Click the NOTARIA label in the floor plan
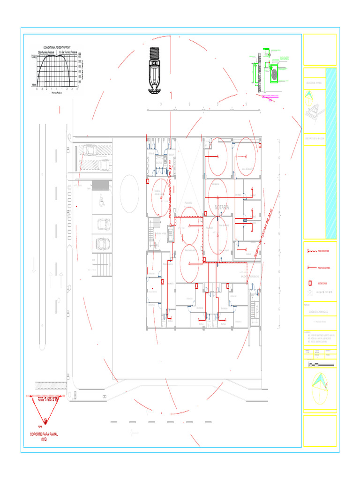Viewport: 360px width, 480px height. [x=222, y=207]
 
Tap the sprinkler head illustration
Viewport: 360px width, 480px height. [x=155, y=70]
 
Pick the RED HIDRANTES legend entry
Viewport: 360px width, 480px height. [x=323, y=251]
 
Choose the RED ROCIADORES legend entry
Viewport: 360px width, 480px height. [x=323, y=268]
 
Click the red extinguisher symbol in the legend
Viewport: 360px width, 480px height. [x=309, y=284]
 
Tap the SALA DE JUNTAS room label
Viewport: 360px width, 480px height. [x=247, y=169]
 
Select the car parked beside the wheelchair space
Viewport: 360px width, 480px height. [x=102, y=243]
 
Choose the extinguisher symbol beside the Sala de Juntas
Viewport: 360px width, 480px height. [x=261, y=146]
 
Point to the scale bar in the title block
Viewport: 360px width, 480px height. [x=320, y=365]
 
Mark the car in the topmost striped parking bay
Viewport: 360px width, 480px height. [x=89, y=150]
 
